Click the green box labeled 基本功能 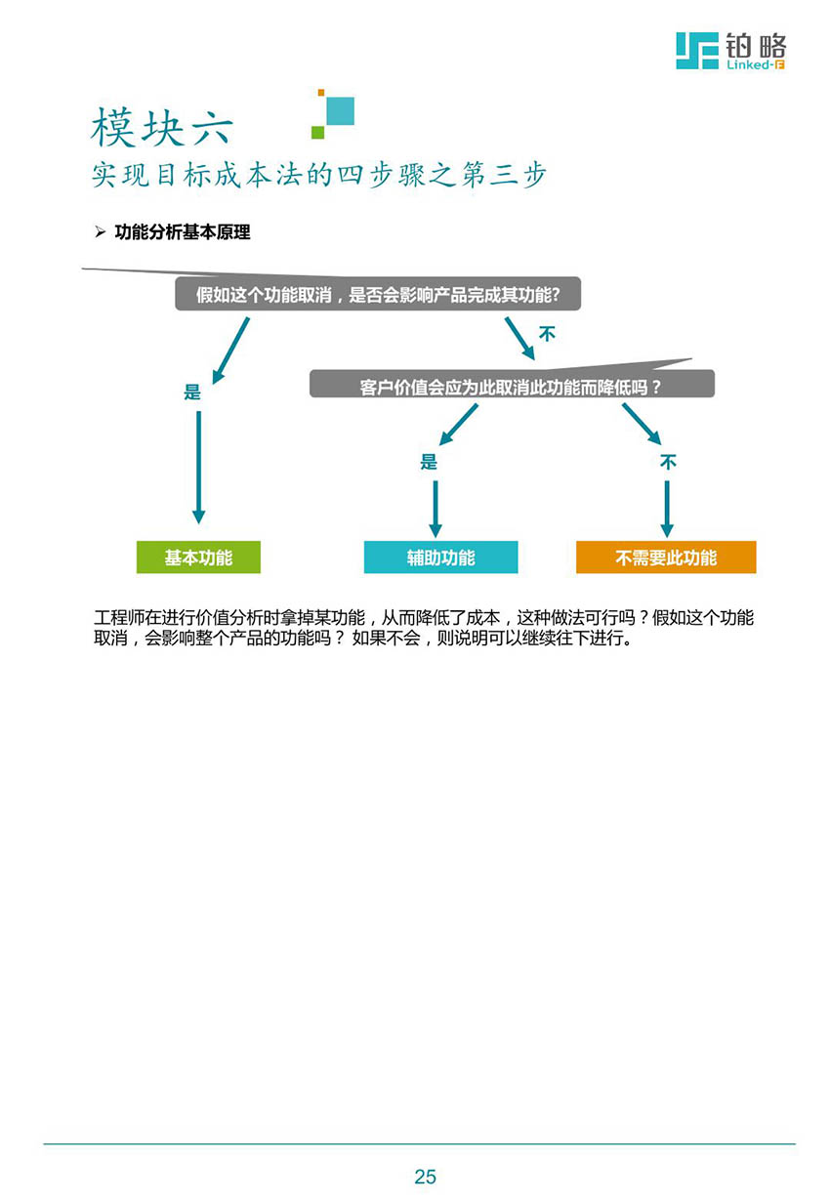(198, 557)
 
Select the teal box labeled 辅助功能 (440, 557)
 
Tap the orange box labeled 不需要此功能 (666, 557)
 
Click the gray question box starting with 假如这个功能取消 (378, 293)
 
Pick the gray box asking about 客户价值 (512, 384)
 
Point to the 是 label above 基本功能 (191, 392)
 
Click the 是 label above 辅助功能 (429, 462)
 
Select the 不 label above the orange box (668, 462)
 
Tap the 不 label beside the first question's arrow (547, 334)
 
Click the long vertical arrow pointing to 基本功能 (198, 468)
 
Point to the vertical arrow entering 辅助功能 (436, 509)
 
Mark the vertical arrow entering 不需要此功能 (667, 509)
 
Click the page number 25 (425, 1176)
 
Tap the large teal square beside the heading (341, 110)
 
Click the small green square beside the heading (317, 132)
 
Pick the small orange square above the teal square (321, 93)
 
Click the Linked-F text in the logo (755, 65)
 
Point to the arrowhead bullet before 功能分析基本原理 (101, 231)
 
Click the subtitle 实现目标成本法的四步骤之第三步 (318, 175)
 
